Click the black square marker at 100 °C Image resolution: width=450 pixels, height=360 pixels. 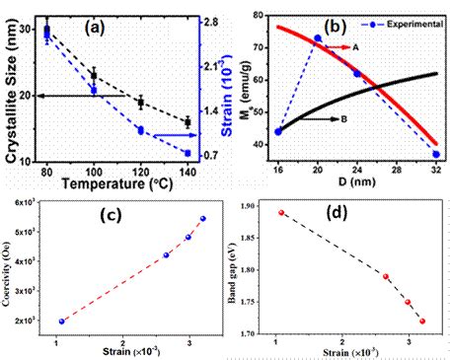pyautogui.click(x=94, y=75)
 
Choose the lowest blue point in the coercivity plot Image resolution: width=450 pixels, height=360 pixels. pyautogui.click(x=61, y=321)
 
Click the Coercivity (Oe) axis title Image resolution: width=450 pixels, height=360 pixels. pyautogui.click(x=11, y=265)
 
